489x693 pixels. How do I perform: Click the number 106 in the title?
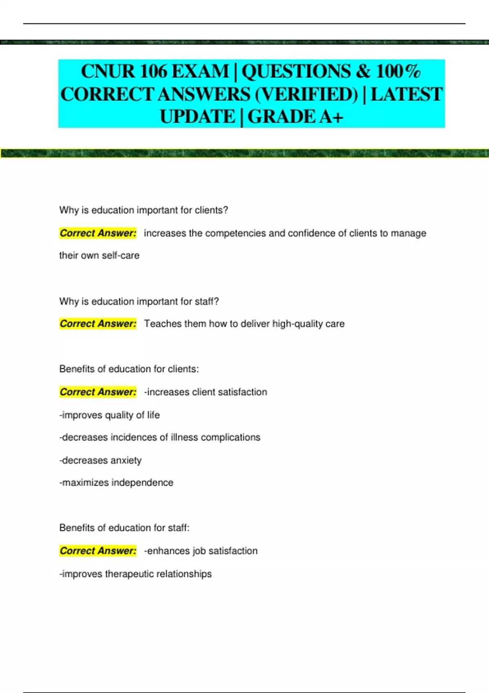(153, 71)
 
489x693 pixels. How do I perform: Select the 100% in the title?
(398, 71)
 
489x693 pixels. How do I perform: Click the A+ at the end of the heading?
(331, 117)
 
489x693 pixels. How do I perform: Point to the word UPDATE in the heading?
(198, 117)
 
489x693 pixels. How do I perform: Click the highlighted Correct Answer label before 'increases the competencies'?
(98, 233)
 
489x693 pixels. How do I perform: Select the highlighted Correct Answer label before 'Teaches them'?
(98, 324)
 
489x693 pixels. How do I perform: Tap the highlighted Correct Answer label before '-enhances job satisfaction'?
(98, 551)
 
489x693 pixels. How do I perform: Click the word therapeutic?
(129, 574)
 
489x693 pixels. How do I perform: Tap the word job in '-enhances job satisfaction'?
(199, 551)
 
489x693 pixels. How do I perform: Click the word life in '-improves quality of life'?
(153, 415)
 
